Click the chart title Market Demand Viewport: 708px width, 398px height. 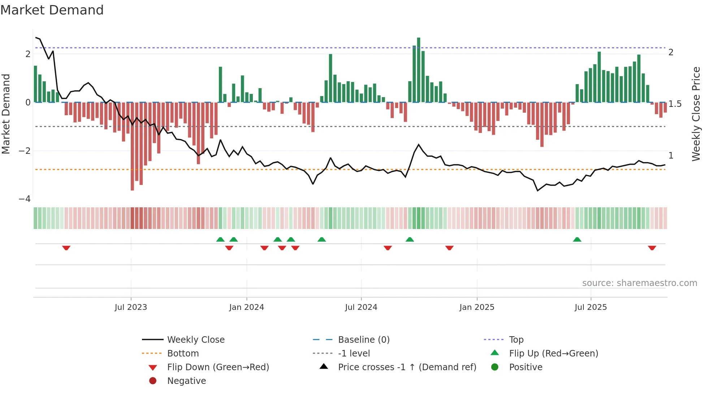pos(52,10)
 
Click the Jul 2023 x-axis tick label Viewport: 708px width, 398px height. pos(131,307)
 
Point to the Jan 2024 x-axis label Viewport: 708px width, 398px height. pos(246,307)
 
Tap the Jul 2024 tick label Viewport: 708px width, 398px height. pos(361,307)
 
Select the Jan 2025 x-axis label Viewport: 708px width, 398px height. pos(477,307)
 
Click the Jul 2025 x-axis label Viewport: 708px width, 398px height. pos(591,307)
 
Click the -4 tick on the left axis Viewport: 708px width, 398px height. pos(25,199)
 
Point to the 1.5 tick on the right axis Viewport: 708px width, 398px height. pos(674,104)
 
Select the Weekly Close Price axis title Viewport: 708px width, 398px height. pos(696,114)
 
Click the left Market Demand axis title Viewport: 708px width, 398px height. pos(6,114)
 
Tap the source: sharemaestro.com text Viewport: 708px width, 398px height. pos(639,283)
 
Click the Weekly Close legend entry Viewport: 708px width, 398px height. pos(195,340)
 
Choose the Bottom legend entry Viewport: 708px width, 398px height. pos(183,354)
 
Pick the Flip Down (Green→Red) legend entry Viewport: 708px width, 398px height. pos(218,367)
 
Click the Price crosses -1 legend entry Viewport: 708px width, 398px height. pos(407,367)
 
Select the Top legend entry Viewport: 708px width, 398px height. pos(516,340)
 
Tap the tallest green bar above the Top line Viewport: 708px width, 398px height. pos(419,69)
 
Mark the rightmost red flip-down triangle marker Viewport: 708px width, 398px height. pos(652,248)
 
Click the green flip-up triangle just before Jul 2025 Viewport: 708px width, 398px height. pos(577,239)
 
